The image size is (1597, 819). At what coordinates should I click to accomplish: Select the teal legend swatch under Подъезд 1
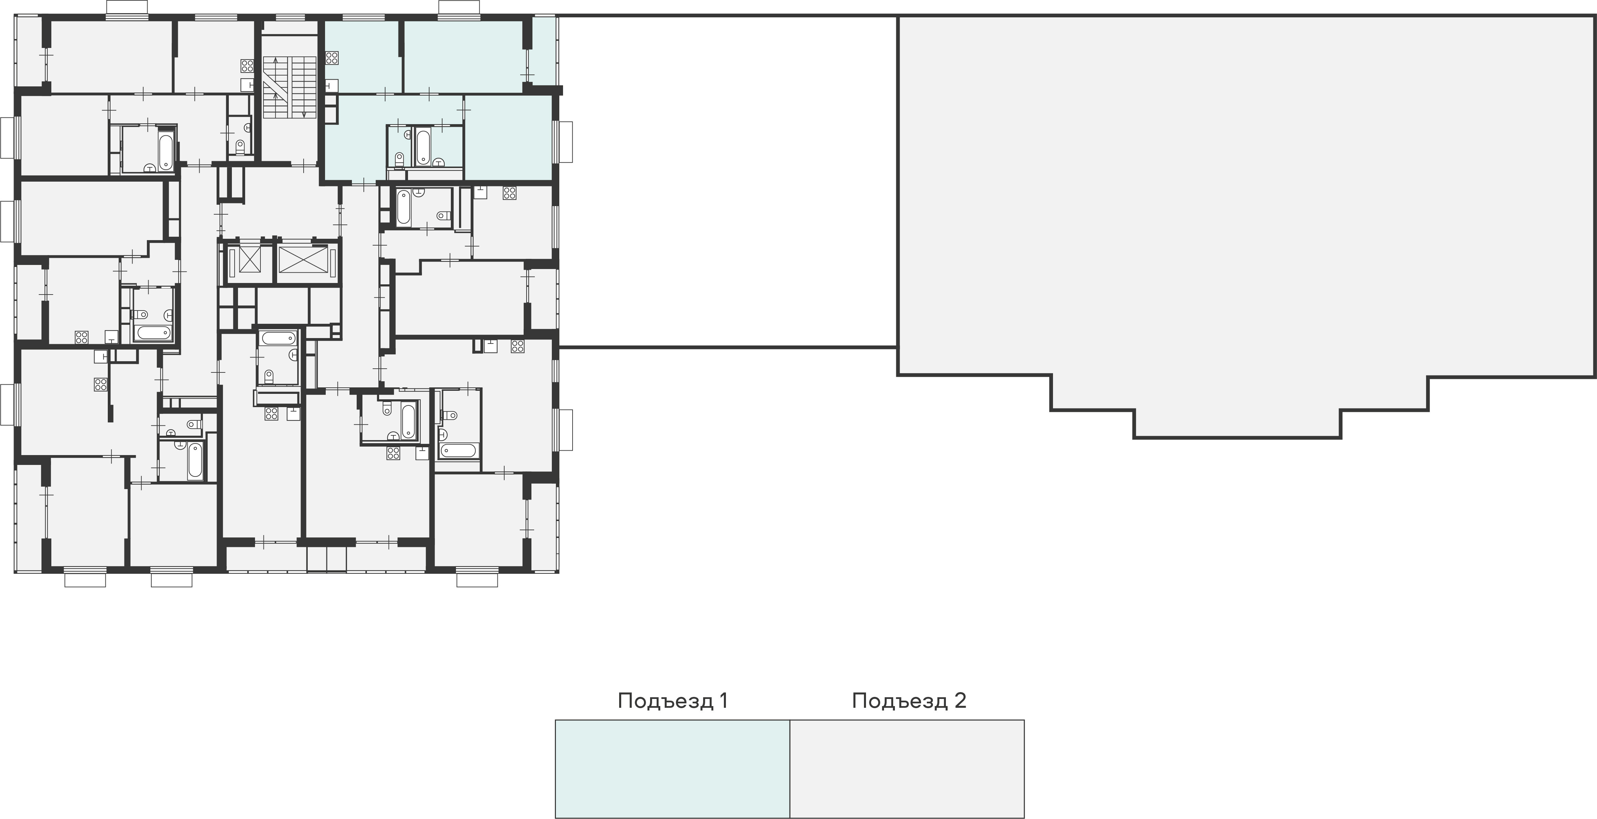click(x=673, y=768)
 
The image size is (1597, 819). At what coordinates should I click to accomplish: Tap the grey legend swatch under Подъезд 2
click(x=907, y=768)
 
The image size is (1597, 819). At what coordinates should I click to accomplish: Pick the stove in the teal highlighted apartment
click(x=332, y=58)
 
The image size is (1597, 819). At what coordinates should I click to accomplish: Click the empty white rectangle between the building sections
click(x=728, y=181)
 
